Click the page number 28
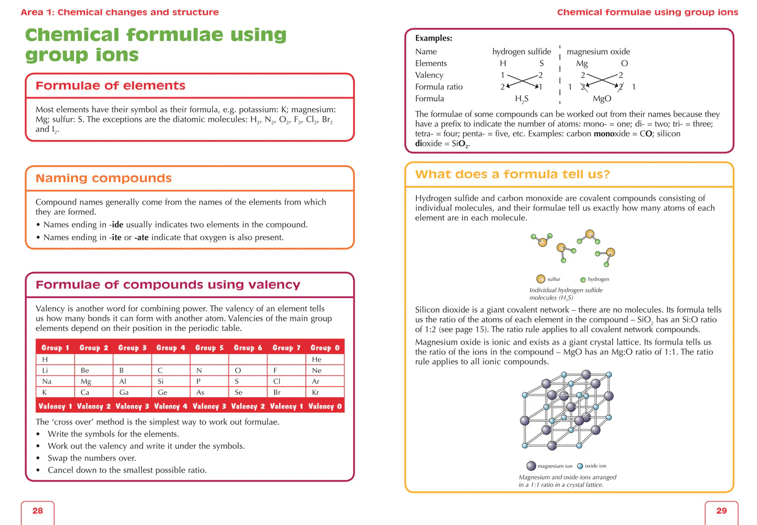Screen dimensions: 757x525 (37, 510)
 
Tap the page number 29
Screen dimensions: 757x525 (722, 510)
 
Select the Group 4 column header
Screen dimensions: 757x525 (171, 348)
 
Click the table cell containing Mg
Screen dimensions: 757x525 (93, 381)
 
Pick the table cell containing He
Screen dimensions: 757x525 (325, 359)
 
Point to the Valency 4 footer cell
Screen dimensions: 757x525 (171, 406)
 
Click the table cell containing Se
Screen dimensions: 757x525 (248, 392)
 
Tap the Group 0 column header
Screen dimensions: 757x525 (325, 348)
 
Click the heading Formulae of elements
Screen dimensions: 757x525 (111, 85)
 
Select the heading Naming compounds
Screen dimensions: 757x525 (104, 178)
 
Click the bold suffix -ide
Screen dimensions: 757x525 (116, 225)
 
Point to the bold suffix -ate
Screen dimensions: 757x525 (141, 237)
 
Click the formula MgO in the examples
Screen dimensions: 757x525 (602, 99)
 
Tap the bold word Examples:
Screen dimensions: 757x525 (434, 38)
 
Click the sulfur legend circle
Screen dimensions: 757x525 (540, 279)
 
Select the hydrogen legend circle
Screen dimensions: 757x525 (583, 280)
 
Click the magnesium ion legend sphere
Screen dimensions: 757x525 (531, 466)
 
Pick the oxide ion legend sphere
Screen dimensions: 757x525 (580, 466)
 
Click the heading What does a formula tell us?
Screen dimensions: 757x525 (513, 174)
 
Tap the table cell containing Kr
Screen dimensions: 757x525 (325, 392)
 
